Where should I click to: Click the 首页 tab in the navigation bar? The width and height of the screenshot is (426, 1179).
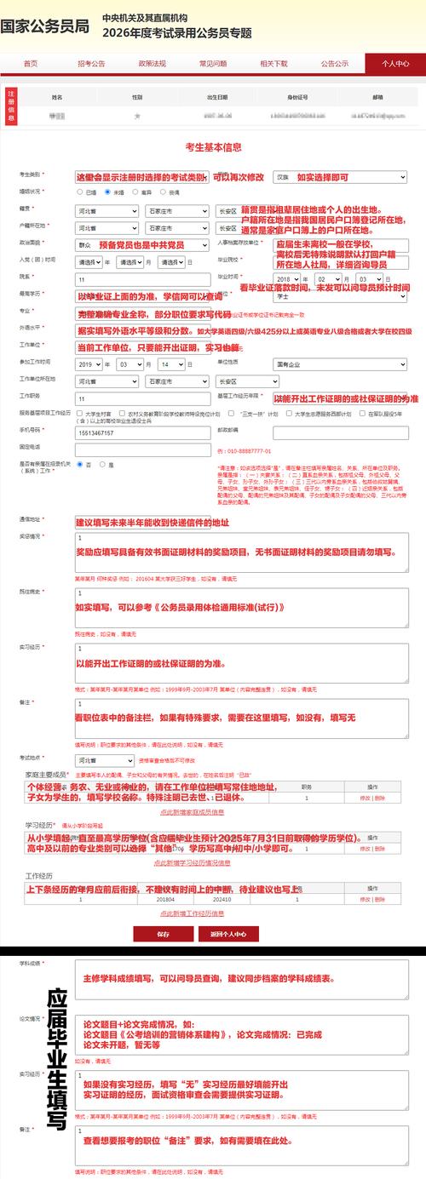pos(31,63)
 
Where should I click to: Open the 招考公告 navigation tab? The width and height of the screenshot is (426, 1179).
pos(91,63)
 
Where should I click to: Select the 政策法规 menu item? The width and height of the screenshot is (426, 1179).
pos(153,63)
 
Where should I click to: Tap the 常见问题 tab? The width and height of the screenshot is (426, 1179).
pos(213,63)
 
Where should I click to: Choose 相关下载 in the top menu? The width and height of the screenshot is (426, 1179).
pos(273,63)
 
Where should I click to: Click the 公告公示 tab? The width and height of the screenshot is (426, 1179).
pos(335,63)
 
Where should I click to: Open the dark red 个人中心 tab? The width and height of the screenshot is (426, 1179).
pos(395,63)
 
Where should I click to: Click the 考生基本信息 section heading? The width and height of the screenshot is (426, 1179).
pos(213,147)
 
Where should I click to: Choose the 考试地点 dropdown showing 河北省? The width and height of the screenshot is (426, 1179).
pos(105,759)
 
